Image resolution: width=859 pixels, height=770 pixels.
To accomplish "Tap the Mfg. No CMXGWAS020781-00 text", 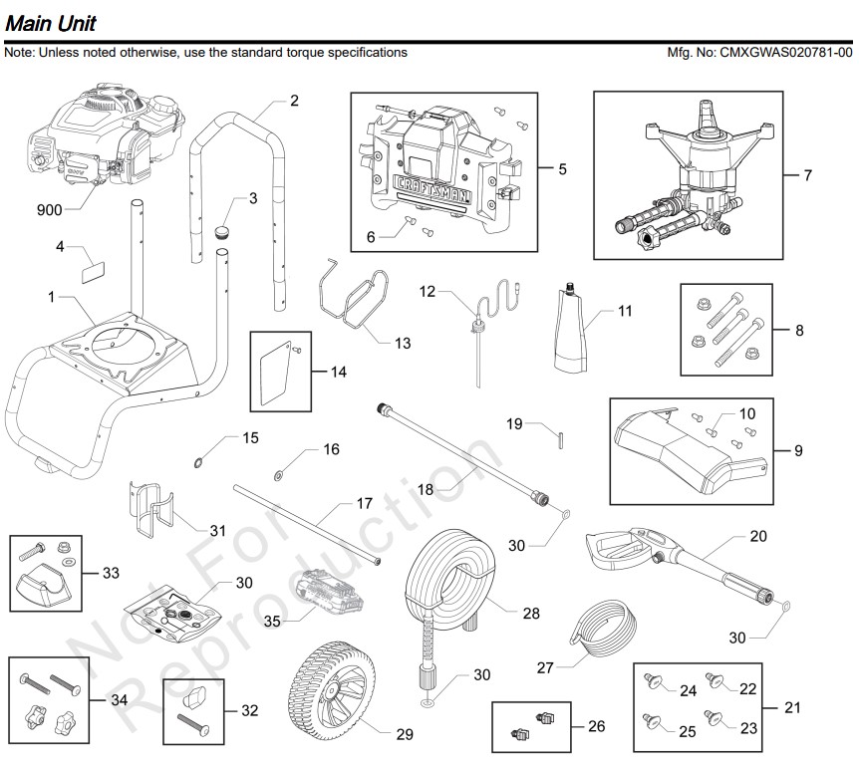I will tap(763, 53).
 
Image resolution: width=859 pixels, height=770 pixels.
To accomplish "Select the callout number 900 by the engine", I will tap(51, 210).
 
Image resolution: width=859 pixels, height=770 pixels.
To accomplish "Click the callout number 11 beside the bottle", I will tap(625, 311).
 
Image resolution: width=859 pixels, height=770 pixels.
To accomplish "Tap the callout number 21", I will tap(792, 708).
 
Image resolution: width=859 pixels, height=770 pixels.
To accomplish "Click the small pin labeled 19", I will tap(562, 435).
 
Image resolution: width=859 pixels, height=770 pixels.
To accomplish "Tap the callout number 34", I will tap(119, 700).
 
